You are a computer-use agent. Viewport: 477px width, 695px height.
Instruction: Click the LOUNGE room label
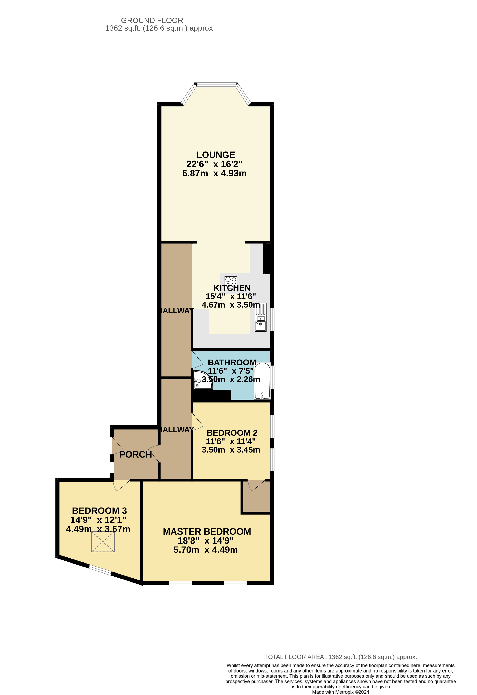[216, 155]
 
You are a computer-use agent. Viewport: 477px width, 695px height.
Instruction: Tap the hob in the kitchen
[231, 281]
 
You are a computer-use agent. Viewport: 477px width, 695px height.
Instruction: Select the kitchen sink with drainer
[261, 317]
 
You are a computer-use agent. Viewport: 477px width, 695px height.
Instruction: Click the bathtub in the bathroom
[262, 381]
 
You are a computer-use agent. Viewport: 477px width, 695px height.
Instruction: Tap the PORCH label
[135, 454]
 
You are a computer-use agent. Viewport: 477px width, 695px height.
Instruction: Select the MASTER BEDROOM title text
[207, 531]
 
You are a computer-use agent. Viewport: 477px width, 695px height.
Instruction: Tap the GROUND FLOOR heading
[152, 21]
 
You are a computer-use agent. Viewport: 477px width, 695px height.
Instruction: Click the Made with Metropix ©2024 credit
[340, 692]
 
